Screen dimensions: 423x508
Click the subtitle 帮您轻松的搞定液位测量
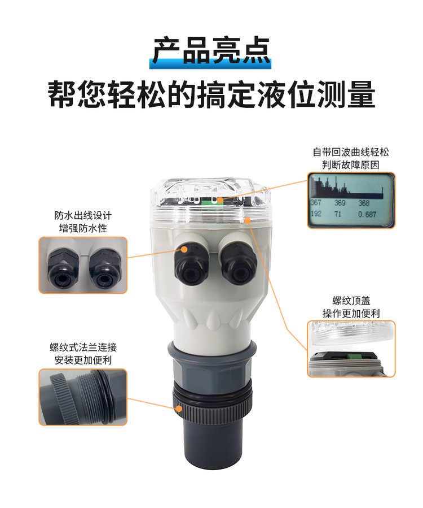coord(211,94)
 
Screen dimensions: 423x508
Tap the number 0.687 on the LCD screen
coord(367,214)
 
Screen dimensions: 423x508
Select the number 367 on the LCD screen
coord(316,202)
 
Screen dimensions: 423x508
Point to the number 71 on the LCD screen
coord(338,214)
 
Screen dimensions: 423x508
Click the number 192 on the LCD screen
coord(316,214)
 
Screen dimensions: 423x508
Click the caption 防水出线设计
coord(83,215)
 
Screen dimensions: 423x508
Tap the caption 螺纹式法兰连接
coord(83,348)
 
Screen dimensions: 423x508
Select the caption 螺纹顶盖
coord(351,300)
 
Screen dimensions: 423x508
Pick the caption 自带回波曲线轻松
coord(351,152)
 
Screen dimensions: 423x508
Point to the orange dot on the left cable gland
coord(184,249)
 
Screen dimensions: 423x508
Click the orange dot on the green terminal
coord(220,200)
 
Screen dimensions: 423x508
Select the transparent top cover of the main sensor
coord(210,201)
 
